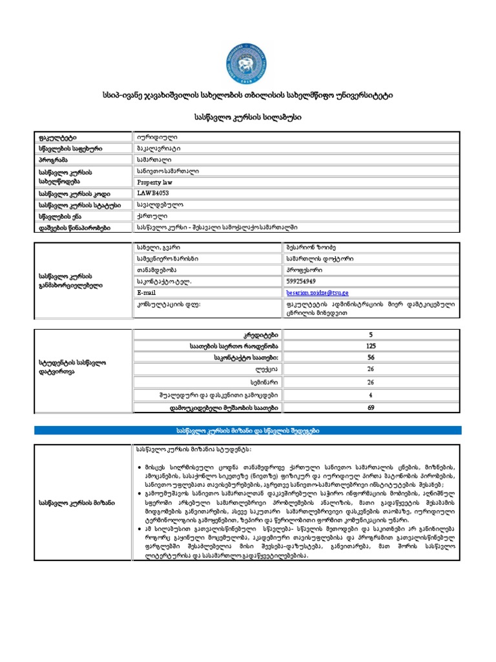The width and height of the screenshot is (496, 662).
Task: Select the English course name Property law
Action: click(156, 182)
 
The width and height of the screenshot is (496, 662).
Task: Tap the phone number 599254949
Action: click(301, 282)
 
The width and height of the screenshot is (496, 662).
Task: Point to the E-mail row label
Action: click(147, 293)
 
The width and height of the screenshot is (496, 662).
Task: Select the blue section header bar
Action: click(248, 431)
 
